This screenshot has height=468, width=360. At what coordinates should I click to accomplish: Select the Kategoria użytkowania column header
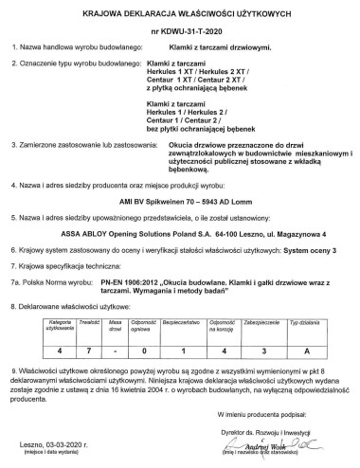pos(41,325)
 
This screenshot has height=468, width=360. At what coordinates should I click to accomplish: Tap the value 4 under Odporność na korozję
pos(225,350)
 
